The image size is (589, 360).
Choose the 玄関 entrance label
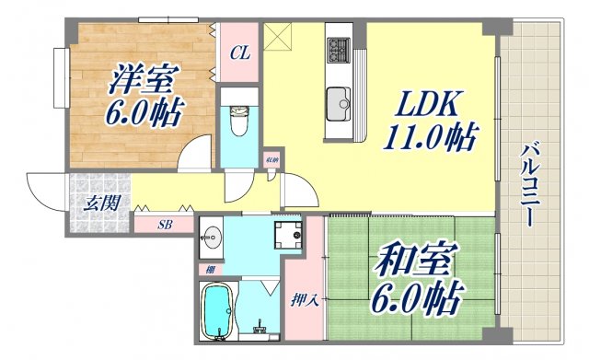[101, 203]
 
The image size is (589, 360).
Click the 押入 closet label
[305, 301]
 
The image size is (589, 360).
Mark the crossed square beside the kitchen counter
[277, 36]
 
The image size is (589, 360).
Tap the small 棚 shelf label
[211, 269]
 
